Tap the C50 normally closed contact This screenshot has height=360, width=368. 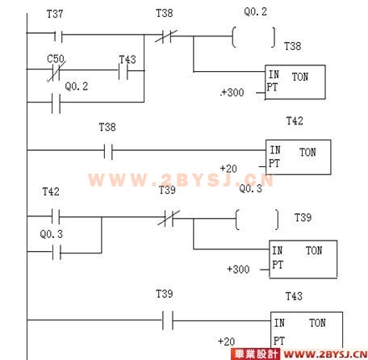56,71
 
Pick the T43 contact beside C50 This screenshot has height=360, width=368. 123,71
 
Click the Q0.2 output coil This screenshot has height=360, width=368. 253,37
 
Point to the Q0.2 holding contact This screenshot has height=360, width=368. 56,103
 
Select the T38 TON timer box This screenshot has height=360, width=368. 295,82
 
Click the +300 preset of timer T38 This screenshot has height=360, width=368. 232,93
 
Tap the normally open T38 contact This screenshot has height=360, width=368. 108,151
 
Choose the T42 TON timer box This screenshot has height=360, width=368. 299,157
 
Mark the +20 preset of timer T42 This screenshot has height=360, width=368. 228,169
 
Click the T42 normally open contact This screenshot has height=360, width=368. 56,216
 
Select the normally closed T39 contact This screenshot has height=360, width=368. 169,218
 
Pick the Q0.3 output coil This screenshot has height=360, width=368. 257,220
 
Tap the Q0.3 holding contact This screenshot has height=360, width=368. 56,252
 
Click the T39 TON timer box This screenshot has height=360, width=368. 303,259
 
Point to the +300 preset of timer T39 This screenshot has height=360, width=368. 238,270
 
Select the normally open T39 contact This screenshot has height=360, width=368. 168,320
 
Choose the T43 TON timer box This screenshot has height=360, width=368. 307,331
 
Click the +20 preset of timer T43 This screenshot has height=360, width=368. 227,341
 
